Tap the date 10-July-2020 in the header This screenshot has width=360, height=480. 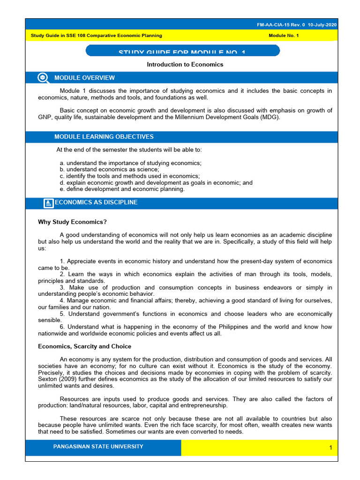322,25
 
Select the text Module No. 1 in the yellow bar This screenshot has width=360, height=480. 284,36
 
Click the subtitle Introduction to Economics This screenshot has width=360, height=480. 185,64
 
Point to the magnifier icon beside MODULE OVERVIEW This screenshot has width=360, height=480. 43,78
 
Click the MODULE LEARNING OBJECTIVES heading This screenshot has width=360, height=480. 104,137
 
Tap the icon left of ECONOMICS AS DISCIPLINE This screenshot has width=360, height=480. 48,203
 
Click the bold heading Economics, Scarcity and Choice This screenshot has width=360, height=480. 84,346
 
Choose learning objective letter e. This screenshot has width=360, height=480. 61,189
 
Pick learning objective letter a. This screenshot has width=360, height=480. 61,163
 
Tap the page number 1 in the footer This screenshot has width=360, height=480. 330,448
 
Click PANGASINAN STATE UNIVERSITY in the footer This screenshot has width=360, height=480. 98,447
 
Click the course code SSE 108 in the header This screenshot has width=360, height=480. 82,36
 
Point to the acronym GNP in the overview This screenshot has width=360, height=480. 45,117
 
